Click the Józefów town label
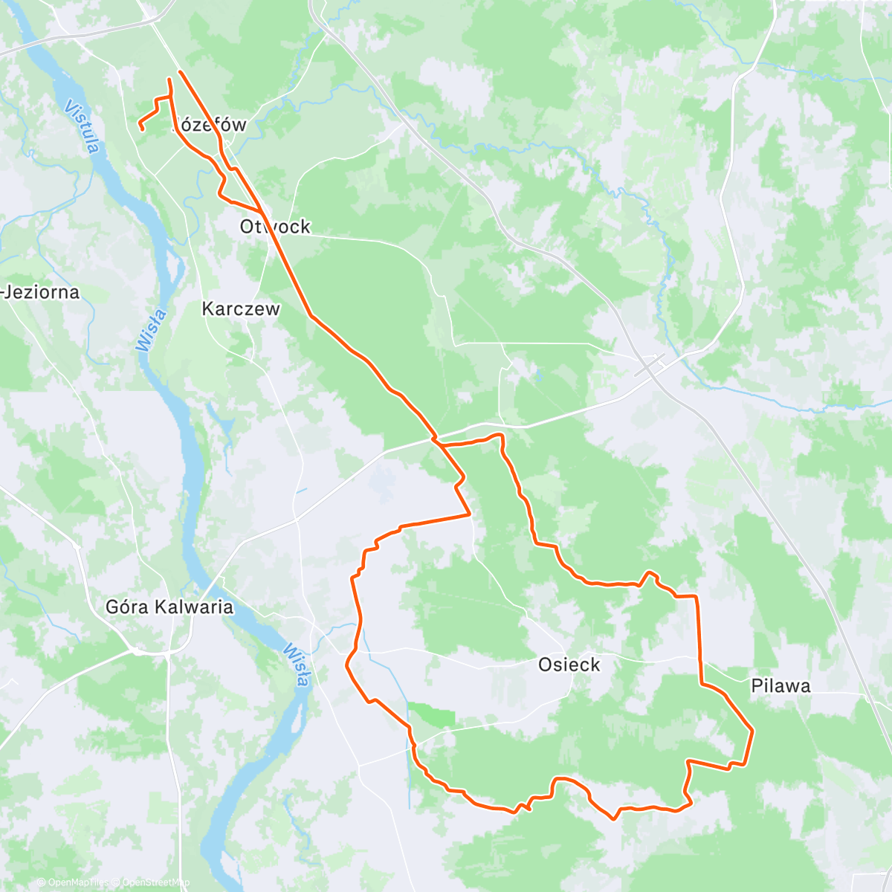[210, 125]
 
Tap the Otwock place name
[275, 227]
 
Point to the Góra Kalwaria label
[169, 607]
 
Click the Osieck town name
[569, 665]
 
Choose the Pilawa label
[780, 686]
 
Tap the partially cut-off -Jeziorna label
[40, 292]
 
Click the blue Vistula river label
[82, 127]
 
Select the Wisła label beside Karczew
[152, 330]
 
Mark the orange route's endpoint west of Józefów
[141, 130]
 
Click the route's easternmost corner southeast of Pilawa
[753, 731]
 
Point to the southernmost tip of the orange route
[613, 819]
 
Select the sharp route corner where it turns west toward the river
[470, 514]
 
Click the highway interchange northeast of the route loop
[651, 366]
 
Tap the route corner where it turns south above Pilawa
[697, 596]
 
